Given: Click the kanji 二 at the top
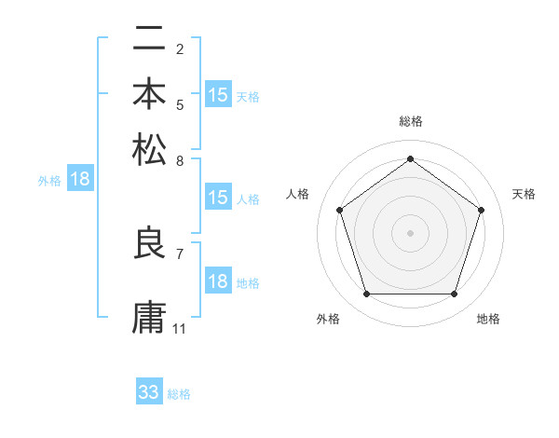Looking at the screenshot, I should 149,39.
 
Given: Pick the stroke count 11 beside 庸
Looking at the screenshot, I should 180,329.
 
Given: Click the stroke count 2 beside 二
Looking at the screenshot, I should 180,49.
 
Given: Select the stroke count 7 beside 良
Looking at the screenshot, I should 180,253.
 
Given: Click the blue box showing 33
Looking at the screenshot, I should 149,392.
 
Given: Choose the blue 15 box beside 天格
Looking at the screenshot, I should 218,95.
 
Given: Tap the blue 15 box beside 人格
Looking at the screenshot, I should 218,198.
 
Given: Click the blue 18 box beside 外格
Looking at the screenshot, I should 80,180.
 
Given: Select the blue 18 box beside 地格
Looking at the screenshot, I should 218,282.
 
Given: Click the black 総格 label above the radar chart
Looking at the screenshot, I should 410,122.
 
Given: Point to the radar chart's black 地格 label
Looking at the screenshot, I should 488,319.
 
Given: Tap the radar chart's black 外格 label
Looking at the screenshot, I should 328,319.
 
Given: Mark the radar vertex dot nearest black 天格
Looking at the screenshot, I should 482,210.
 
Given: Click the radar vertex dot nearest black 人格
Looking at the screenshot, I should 339,210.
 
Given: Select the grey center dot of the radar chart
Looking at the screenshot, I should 410,232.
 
